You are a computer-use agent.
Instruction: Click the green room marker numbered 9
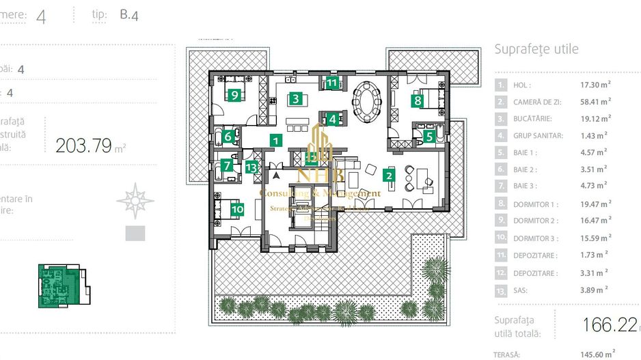click(234, 96)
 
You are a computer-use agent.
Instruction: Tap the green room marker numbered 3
click(295, 98)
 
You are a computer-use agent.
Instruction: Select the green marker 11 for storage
click(332, 83)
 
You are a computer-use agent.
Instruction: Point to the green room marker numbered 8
click(417, 101)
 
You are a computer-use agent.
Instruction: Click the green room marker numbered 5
click(428, 136)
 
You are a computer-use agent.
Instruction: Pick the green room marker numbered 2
click(390, 176)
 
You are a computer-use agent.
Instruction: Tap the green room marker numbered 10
click(237, 210)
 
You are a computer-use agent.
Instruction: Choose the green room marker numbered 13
click(253, 167)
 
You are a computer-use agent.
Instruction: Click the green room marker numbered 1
click(275, 141)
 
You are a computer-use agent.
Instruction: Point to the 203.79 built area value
click(83, 146)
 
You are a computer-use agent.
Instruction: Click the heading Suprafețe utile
click(536, 49)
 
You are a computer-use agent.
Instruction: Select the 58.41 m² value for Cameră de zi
click(595, 102)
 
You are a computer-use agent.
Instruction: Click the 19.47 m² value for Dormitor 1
click(595, 204)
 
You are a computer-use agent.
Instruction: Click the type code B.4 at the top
click(129, 15)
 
